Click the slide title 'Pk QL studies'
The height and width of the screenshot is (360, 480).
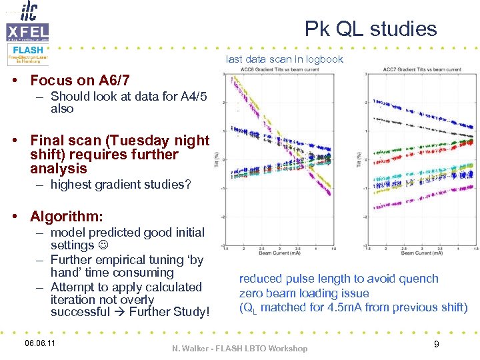tap(371, 29)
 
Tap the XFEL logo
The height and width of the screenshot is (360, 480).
tap(27, 31)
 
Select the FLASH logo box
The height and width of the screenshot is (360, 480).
tap(27, 53)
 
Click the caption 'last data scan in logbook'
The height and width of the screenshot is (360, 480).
tap(285, 59)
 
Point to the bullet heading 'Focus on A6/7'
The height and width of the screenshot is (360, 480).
tap(84, 81)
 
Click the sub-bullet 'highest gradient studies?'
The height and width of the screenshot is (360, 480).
tap(120, 185)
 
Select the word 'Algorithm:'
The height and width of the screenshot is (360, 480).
tap(67, 217)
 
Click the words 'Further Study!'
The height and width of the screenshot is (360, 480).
tap(170, 312)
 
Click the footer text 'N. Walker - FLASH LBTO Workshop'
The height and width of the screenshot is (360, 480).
tap(240, 348)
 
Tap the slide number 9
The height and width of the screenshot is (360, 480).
tap(436, 344)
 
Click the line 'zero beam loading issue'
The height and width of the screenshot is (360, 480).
tap(304, 293)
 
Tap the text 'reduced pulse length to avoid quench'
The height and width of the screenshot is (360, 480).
tap(339, 279)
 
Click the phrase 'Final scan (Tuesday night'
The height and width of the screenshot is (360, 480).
tap(120, 141)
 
